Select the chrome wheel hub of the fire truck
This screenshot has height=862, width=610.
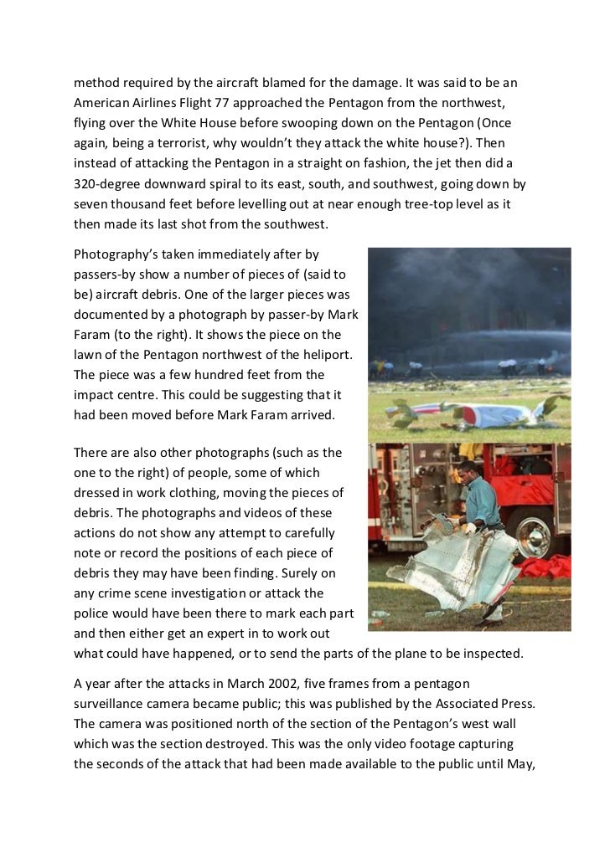coord(533,536)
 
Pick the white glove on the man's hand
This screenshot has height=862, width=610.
coord(470,528)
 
